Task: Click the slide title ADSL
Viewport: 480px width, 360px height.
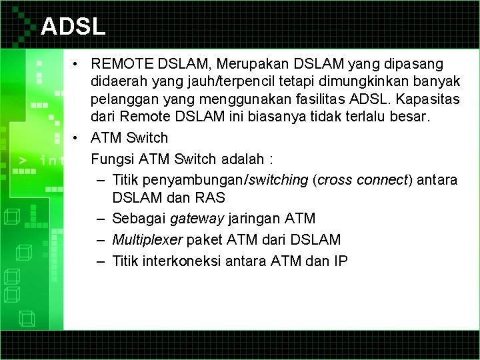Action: (73, 26)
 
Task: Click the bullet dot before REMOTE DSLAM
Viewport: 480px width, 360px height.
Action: (78, 64)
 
